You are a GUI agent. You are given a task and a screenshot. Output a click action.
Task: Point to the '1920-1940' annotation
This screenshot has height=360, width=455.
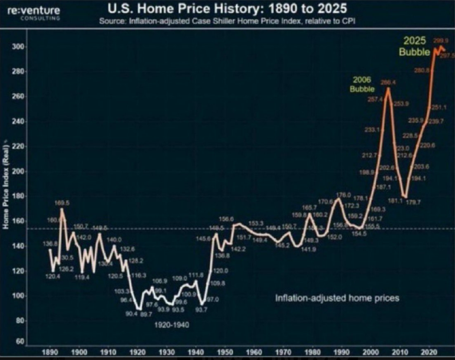click(172, 325)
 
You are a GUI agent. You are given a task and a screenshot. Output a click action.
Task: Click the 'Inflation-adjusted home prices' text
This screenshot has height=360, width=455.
click(337, 298)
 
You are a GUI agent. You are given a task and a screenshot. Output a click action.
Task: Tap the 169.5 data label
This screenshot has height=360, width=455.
click(62, 203)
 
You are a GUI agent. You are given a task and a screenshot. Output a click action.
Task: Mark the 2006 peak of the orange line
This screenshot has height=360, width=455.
click(388, 88)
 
